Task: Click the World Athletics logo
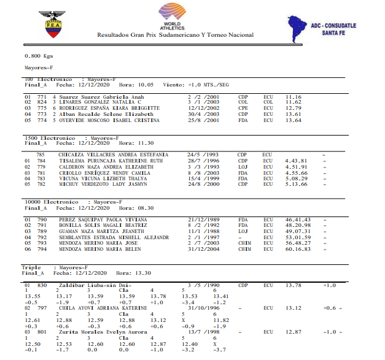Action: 174,17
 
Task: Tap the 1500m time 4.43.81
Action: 296,161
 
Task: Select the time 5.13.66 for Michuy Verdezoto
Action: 296,183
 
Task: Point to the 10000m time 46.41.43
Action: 298,219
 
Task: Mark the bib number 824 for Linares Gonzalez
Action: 43,102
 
